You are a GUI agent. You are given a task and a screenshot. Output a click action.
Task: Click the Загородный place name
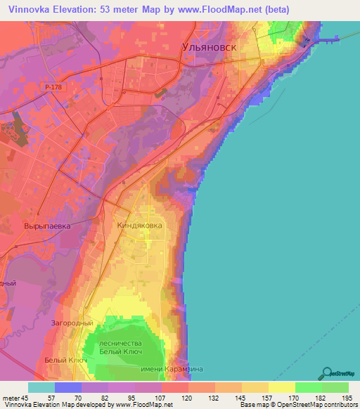72,323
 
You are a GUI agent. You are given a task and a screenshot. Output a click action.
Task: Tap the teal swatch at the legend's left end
41,387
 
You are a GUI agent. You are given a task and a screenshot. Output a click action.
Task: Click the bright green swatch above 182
308,387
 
